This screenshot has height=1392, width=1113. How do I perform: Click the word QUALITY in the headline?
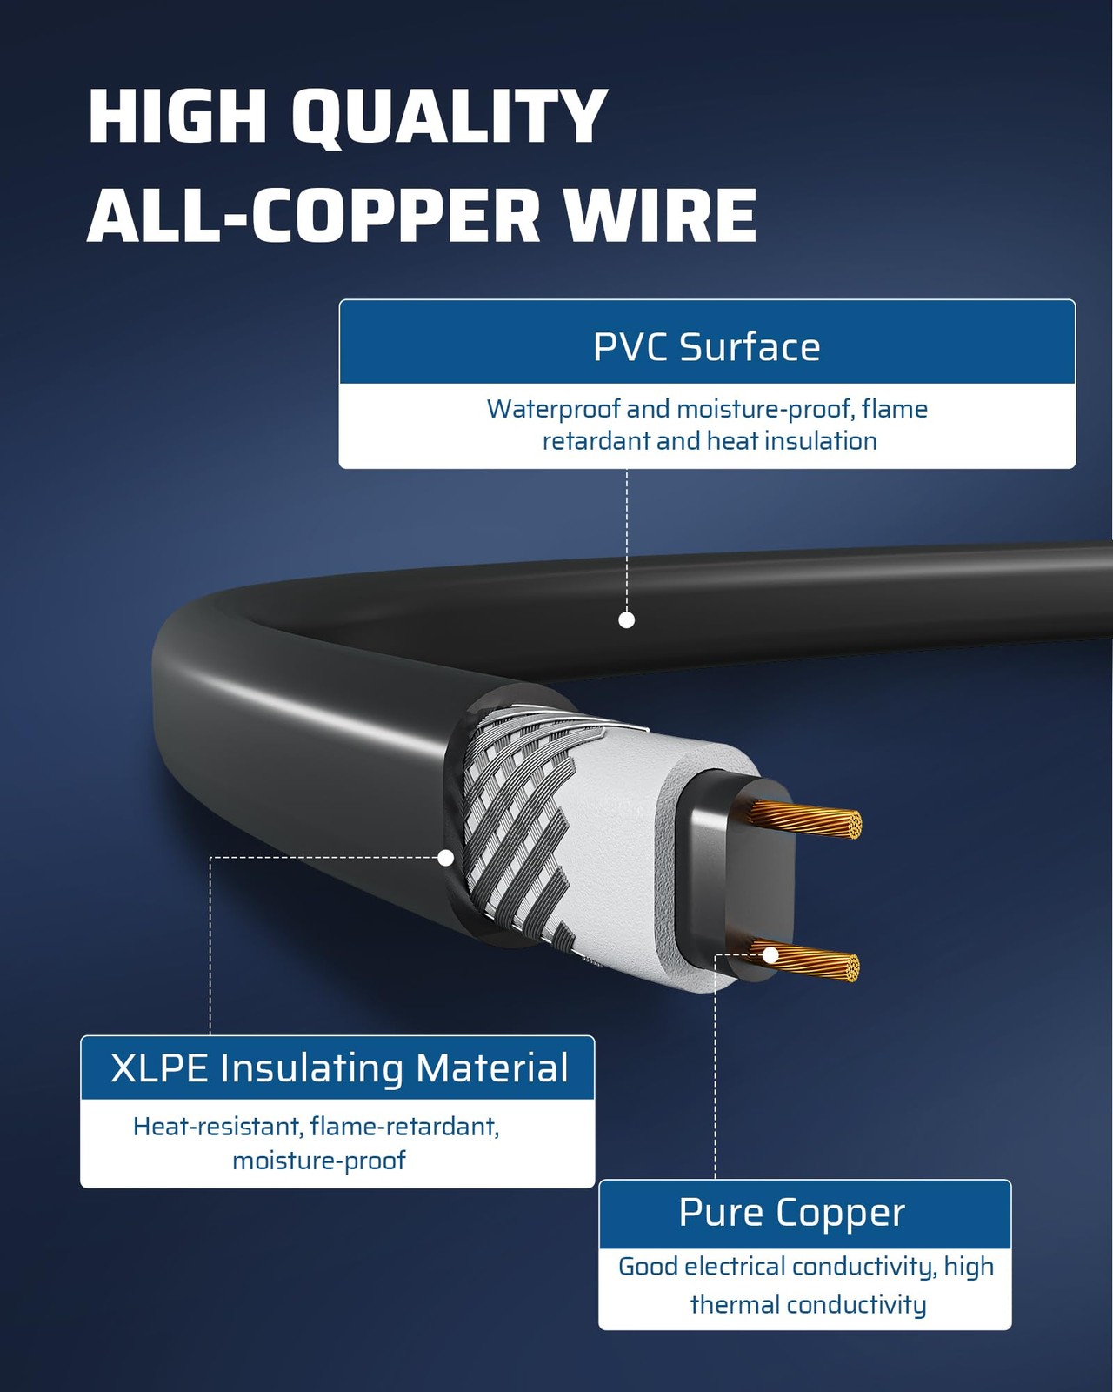pyautogui.click(x=448, y=117)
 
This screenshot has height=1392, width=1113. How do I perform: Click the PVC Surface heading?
pyautogui.click(x=706, y=346)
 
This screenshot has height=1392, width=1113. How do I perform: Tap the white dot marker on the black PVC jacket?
pyautogui.click(x=626, y=619)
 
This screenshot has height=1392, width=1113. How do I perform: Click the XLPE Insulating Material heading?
pyautogui.click(x=338, y=1068)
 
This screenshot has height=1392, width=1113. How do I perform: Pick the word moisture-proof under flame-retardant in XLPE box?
pyautogui.click(x=319, y=1161)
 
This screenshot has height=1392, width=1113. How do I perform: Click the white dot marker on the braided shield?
pyautogui.click(x=446, y=858)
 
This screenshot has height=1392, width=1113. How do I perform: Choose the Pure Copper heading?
pyautogui.click(x=791, y=1212)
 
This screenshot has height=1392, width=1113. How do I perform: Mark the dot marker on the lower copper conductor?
pyautogui.click(x=770, y=955)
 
